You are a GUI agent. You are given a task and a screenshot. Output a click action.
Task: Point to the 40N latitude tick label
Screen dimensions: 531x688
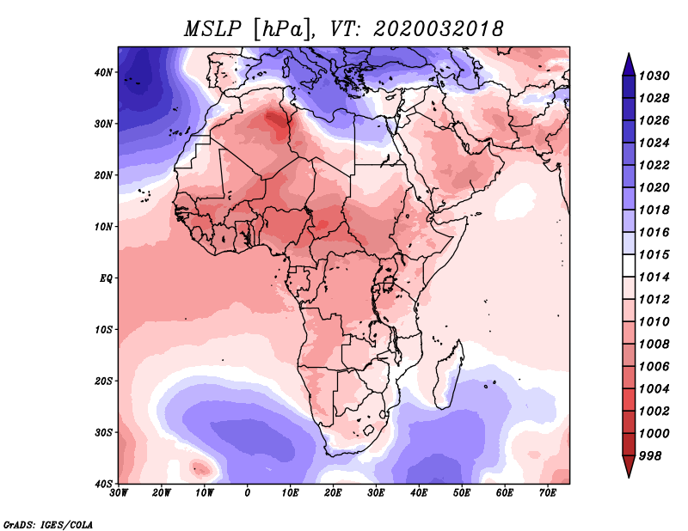(103, 72)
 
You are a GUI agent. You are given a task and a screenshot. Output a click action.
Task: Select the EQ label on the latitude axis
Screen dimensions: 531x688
(105, 278)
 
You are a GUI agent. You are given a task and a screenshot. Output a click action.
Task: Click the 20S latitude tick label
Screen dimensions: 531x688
(103, 381)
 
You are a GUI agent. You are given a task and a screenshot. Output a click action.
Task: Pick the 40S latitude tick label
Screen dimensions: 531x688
(103, 484)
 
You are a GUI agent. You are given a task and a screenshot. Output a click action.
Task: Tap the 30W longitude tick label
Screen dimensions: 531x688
(119, 493)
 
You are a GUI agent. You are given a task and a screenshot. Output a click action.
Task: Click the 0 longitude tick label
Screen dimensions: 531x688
(248, 493)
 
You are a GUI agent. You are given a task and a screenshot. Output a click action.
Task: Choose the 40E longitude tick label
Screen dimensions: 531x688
(419, 493)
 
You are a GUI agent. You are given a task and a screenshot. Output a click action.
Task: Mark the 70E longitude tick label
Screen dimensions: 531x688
(548, 493)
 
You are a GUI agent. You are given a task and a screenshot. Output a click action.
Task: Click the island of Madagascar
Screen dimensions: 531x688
(450, 374)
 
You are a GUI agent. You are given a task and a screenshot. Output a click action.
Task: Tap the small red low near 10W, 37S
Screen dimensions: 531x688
(203, 468)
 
